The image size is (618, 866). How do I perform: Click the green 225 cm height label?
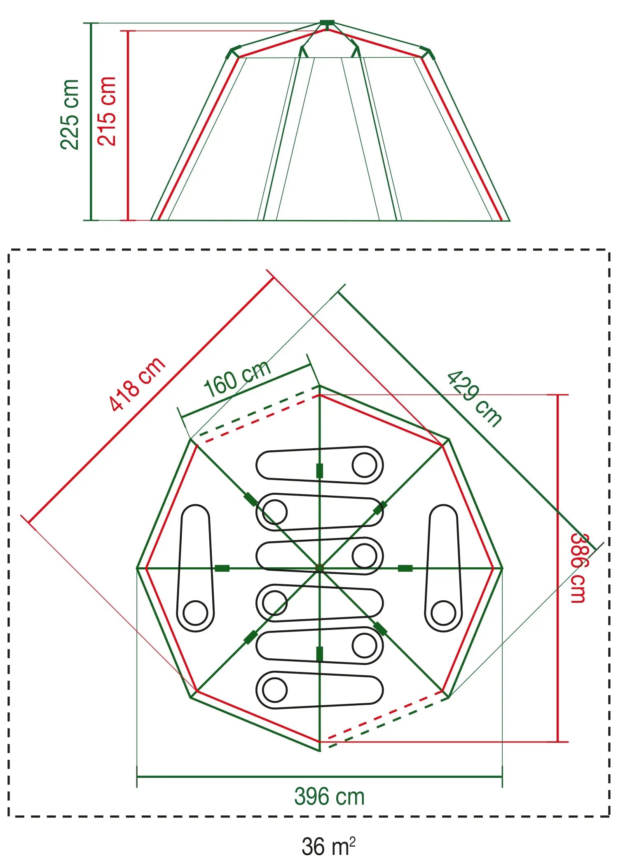click(69, 114)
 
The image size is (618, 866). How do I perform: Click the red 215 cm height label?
click(107, 111)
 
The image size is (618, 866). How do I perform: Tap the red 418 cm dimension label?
click(137, 384)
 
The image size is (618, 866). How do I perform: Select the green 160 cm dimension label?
click(237, 378)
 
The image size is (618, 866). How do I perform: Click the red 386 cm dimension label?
click(578, 568)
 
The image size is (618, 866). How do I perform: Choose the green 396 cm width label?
click(329, 796)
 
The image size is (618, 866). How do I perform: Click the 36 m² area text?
click(328, 846)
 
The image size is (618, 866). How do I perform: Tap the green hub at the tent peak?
click(327, 23)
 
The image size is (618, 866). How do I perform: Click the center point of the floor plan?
click(319, 568)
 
